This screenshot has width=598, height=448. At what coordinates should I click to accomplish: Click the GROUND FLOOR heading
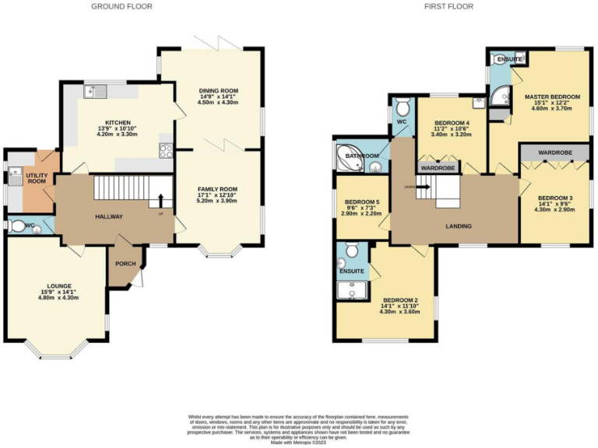coord(121,6)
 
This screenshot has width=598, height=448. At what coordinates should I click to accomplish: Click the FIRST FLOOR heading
coord(448,6)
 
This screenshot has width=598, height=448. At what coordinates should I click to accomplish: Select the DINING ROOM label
coord(218,91)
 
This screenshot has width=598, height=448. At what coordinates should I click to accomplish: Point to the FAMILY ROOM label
coord(218,190)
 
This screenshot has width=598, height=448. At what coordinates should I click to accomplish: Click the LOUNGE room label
coord(54,285)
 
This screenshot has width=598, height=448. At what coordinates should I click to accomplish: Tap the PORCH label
coord(125,264)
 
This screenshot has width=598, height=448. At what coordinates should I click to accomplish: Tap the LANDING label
coord(455,226)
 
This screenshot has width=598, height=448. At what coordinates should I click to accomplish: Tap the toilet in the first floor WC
coord(402,106)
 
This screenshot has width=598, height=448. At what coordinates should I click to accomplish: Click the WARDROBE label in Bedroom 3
coord(554,154)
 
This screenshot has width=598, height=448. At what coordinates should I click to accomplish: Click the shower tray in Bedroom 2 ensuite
coord(354,290)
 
